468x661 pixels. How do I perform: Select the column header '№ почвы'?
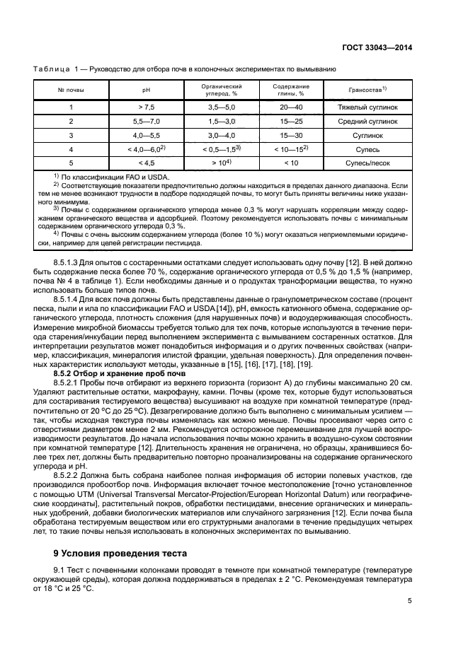pyautogui.click(x=71, y=90)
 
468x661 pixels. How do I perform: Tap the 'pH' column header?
pyautogui.click(x=147, y=90)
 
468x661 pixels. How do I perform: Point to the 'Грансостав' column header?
pyautogui.click(x=367, y=90)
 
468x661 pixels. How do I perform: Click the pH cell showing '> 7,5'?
pyautogui.click(x=147, y=107)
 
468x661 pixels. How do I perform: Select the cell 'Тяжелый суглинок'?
pyautogui.click(x=367, y=107)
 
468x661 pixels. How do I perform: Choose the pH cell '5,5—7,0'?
pyautogui.click(x=147, y=122)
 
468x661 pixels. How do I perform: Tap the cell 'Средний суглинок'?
pyautogui.click(x=367, y=122)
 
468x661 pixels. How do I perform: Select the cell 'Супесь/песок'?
pyautogui.click(x=367, y=163)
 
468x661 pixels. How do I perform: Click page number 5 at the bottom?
pyautogui.click(x=410, y=601)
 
